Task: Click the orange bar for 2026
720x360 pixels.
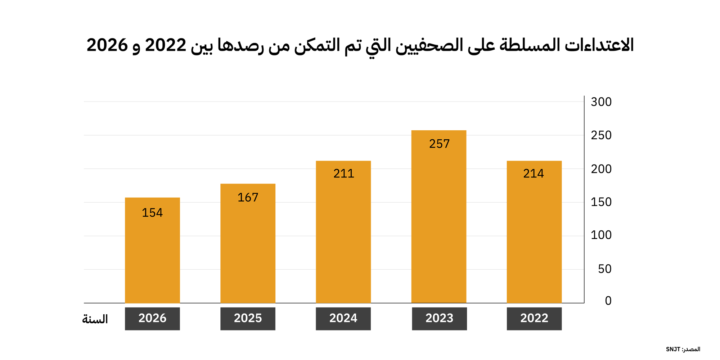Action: pyautogui.click(x=152, y=250)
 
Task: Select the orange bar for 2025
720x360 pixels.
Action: pyautogui.click(x=248, y=243)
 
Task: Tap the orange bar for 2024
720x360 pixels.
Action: pyautogui.click(x=343, y=232)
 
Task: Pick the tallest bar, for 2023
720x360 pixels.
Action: pyautogui.click(x=439, y=217)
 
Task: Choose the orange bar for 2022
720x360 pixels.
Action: pyautogui.click(x=534, y=232)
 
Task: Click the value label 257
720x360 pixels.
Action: pyautogui.click(x=440, y=144)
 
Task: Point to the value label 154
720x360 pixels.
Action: pyautogui.click(x=152, y=213)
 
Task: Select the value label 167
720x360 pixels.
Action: pyautogui.click(x=248, y=197)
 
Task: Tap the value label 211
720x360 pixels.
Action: pyautogui.click(x=344, y=174)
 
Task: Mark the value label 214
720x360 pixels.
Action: pyautogui.click(x=534, y=174)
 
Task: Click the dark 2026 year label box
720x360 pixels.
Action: pyautogui.click(x=152, y=319)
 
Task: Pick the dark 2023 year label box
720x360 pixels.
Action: pyautogui.click(x=439, y=319)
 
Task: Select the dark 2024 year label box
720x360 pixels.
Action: pyautogui.click(x=343, y=319)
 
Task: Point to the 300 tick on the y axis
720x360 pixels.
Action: pyautogui.click(x=601, y=102)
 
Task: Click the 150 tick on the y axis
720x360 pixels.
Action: pyautogui.click(x=601, y=202)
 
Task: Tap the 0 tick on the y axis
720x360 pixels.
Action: pyautogui.click(x=608, y=301)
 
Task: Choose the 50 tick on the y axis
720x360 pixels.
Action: pyautogui.click(x=605, y=269)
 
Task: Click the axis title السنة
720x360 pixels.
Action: pyautogui.click(x=95, y=319)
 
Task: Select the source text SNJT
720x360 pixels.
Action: pyautogui.click(x=673, y=349)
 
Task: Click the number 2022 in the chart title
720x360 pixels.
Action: pyautogui.click(x=166, y=45)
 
